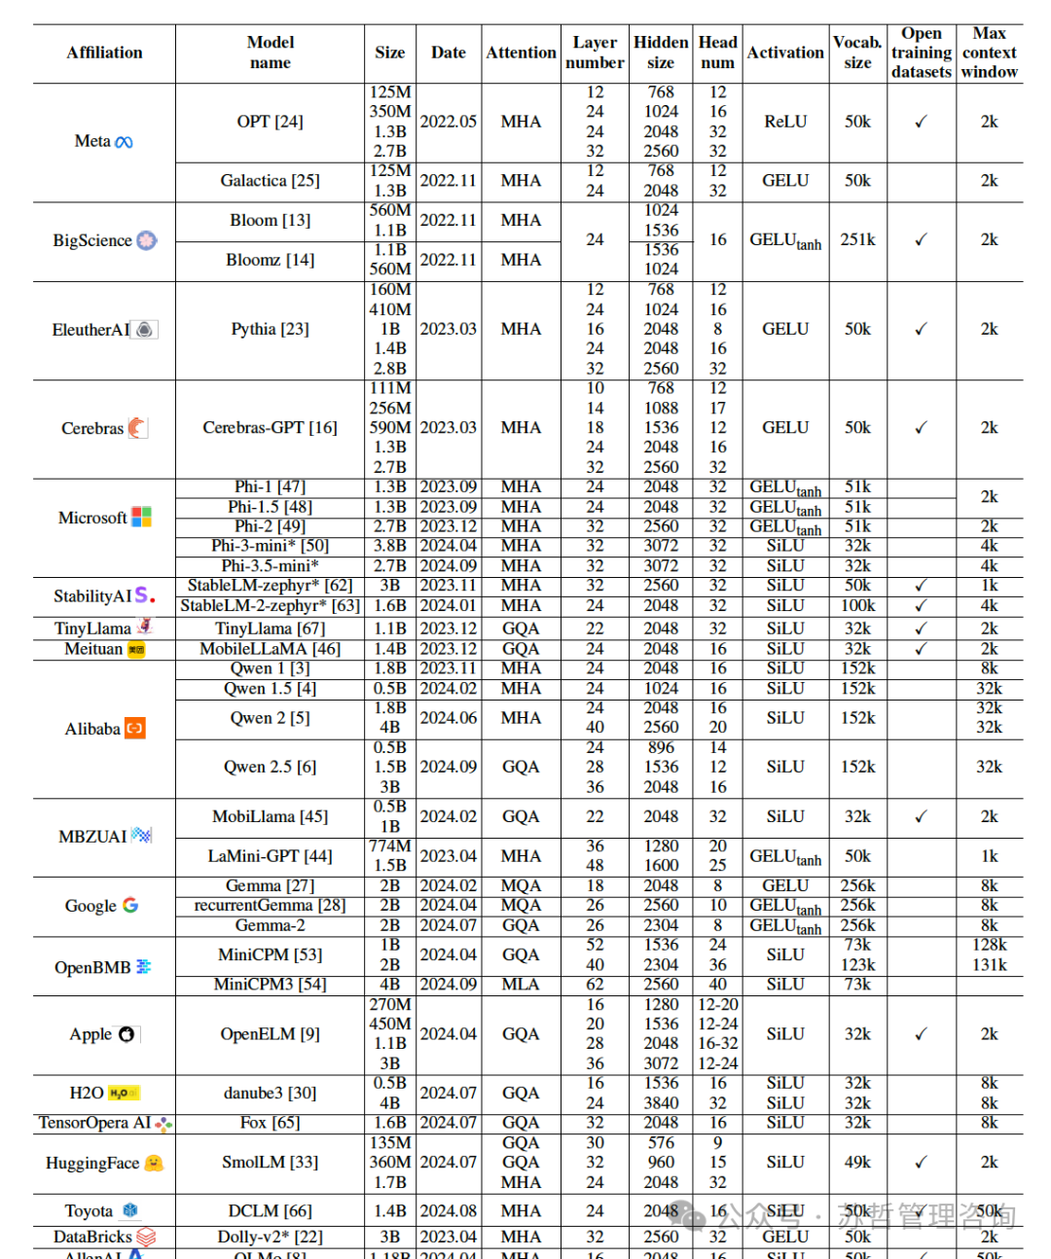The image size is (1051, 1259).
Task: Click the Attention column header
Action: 521,53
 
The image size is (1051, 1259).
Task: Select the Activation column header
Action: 785,53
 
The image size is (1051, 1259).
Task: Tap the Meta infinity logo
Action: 124,142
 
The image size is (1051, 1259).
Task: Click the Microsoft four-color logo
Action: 141,517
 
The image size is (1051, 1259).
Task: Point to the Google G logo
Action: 130,905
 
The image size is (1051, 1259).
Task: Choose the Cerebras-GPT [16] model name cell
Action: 270,427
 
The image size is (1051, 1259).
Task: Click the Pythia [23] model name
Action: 270,329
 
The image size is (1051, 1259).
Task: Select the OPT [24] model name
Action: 270,122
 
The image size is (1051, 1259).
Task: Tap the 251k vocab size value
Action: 857,239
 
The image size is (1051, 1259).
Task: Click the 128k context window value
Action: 989,945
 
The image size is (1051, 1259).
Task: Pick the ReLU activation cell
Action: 785,122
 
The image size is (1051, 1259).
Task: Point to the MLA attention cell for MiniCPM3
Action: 521,985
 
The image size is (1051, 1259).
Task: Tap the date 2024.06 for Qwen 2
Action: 449,718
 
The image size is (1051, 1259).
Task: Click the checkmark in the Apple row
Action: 921,1033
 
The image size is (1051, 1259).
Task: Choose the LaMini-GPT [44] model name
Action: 270,856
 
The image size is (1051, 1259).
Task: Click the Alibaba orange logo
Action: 135,728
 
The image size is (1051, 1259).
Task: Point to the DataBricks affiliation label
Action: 92,1237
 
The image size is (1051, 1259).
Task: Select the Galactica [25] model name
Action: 270,181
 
